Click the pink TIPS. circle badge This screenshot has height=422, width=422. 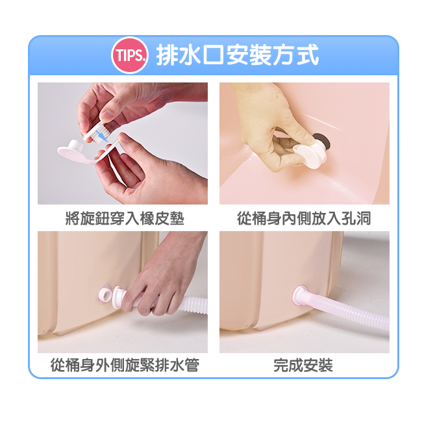130,55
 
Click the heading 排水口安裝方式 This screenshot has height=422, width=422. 238,55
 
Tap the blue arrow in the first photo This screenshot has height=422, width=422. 102,135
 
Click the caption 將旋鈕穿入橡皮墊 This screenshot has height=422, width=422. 125,218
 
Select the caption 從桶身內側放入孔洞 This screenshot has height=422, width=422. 304,218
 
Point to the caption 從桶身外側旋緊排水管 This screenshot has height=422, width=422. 125,366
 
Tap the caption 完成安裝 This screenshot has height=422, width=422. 303,366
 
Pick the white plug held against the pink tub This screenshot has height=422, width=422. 310,155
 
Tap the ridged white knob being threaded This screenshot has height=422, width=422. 96,132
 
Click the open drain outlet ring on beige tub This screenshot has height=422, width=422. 105,295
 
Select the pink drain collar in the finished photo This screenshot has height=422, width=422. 299,295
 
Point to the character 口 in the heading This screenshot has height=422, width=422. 214,55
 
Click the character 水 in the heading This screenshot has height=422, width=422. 190,55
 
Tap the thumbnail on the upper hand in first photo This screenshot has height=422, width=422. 107,116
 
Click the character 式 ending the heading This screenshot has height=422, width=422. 308,55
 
